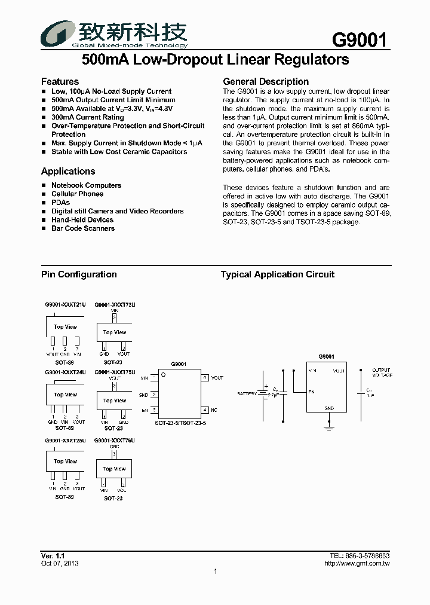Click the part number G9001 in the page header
360,40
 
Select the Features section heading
60,81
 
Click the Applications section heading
68,171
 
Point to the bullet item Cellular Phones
77,194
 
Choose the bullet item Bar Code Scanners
82,228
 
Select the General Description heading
266,81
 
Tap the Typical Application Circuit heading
278,274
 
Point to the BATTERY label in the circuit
247,394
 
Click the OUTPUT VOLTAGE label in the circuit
381,372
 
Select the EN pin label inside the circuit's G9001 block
311,393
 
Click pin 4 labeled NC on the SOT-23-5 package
205,410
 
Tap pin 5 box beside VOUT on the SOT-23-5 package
204,378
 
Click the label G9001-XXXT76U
115,440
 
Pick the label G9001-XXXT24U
65,372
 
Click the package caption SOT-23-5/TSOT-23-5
180,423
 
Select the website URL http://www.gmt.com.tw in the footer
357,563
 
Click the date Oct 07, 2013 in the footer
60,563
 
